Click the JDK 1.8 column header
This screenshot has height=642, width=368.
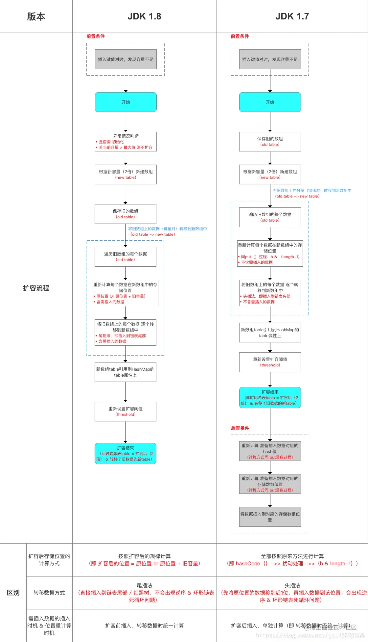pos(144,16)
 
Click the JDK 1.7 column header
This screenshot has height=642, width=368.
pos(292,16)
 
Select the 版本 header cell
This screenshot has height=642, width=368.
pos(36,16)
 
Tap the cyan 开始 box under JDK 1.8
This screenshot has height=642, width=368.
pos(126,102)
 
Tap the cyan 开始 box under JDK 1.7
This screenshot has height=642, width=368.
pos(270,102)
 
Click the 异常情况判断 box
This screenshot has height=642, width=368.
pos(126,142)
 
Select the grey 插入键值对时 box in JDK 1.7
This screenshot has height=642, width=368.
pos(270,59)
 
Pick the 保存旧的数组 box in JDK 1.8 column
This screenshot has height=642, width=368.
pos(126,214)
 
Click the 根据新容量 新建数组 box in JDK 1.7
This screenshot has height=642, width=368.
pos(270,174)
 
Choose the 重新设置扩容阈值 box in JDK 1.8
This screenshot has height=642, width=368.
pos(126,412)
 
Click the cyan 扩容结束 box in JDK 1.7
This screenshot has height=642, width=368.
pos(270,397)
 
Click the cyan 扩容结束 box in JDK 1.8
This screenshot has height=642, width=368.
pos(126,453)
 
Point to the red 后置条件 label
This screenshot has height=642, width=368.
pos(240,428)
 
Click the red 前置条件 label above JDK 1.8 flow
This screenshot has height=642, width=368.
pos(95,36)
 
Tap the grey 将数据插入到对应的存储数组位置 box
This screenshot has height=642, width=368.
pos(270,517)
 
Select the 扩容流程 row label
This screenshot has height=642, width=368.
pos(36,288)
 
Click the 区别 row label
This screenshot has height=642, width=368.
pos(13,593)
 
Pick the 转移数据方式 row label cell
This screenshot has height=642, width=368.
pos(49,593)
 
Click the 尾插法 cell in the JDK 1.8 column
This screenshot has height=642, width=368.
pos(145,593)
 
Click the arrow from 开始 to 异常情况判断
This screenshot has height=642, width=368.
pos(126,122)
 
